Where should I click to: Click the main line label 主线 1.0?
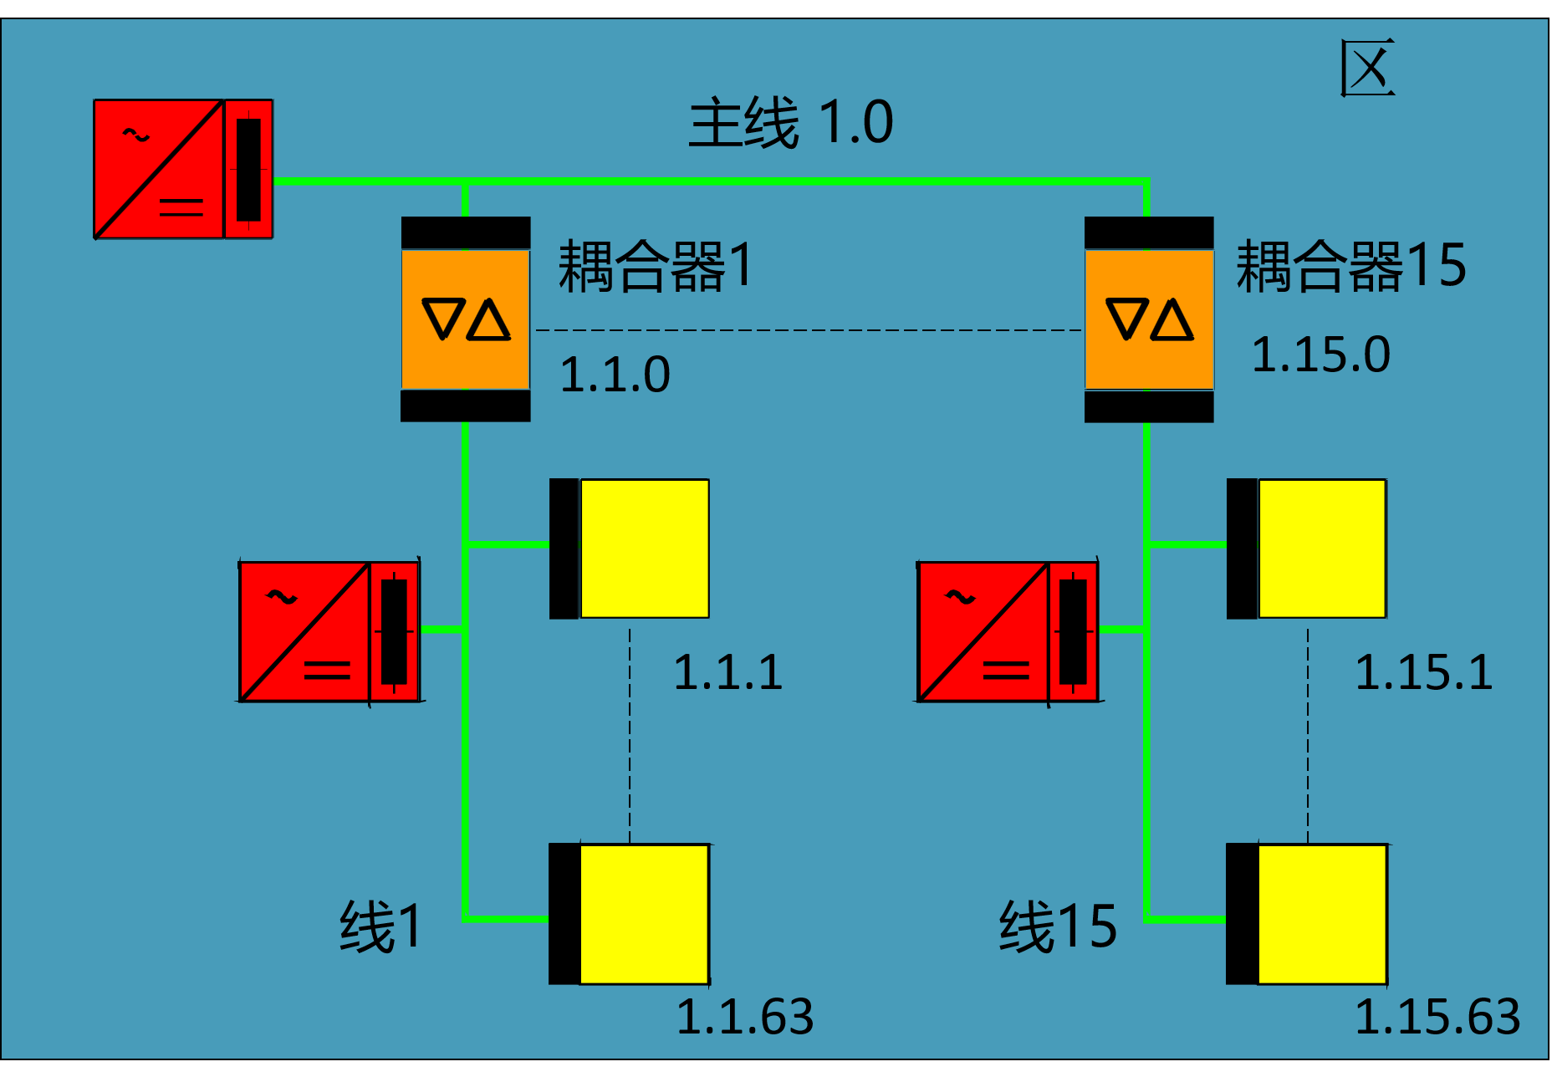790,123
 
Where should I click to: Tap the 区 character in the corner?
1367,68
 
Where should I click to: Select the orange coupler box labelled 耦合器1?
466,319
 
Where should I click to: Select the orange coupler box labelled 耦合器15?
1149,319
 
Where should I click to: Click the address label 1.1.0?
615,374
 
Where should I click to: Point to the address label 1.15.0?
1320,355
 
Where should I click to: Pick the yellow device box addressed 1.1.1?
644,549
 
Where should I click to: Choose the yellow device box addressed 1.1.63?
644,914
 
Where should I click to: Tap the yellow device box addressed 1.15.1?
1321,549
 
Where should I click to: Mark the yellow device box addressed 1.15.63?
1321,914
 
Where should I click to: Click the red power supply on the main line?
183,169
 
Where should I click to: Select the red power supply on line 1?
329,631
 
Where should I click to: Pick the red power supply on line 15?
1008,631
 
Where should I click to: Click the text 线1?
381,926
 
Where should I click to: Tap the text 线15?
1058,926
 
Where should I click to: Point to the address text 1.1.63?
744,1017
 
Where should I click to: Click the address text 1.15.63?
1437,1017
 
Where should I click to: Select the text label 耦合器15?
1350,266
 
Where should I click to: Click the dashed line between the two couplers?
807,330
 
